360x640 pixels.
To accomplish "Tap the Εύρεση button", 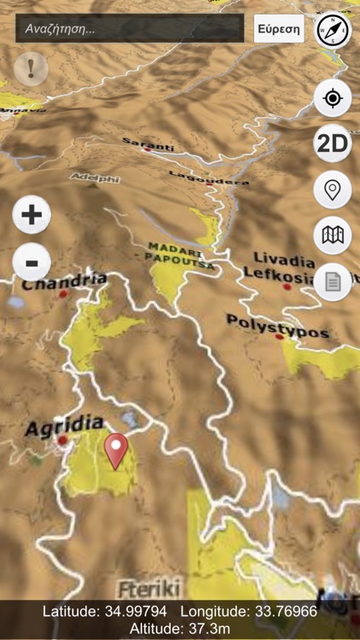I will (x=279, y=28).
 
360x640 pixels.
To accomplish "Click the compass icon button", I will (x=332, y=31).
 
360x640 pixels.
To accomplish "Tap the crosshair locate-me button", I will (x=332, y=98).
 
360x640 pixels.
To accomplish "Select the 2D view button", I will (x=332, y=143).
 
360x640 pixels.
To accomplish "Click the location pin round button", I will (x=332, y=189).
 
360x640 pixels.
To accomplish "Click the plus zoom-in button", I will (x=32, y=214).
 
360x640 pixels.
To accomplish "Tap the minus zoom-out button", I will (x=32, y=262).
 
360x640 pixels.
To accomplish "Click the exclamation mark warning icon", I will (x=31, y=68).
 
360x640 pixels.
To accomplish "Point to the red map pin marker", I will (x=115, y=447).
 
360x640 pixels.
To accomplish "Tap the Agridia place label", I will (x=64, y=423).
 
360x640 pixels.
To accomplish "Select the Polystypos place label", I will (x=277, y=324).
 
